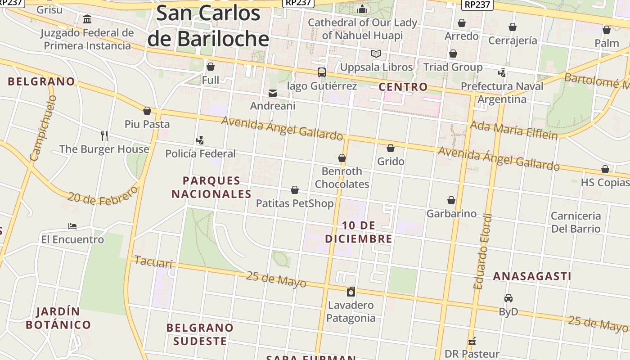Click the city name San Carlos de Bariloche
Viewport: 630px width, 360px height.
208,26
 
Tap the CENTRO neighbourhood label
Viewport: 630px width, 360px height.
403,86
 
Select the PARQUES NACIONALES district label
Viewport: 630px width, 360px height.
211,187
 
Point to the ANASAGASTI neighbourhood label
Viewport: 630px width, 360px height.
532,276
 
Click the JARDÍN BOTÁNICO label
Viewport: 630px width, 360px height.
58,318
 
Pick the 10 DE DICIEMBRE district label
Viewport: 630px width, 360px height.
359,232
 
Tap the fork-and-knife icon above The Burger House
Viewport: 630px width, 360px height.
104,135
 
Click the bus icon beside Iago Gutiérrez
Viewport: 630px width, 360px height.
321,72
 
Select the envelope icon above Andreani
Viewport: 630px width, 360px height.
273,93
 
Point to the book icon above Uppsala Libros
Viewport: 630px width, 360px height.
376,54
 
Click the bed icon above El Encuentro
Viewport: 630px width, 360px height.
72,226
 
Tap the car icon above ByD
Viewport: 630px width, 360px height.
508,298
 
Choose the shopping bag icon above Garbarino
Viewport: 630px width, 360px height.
451,200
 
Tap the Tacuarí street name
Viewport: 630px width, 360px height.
153,261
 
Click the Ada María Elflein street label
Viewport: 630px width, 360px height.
513,130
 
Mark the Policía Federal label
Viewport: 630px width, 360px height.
200,153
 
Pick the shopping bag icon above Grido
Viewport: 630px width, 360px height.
391,148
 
